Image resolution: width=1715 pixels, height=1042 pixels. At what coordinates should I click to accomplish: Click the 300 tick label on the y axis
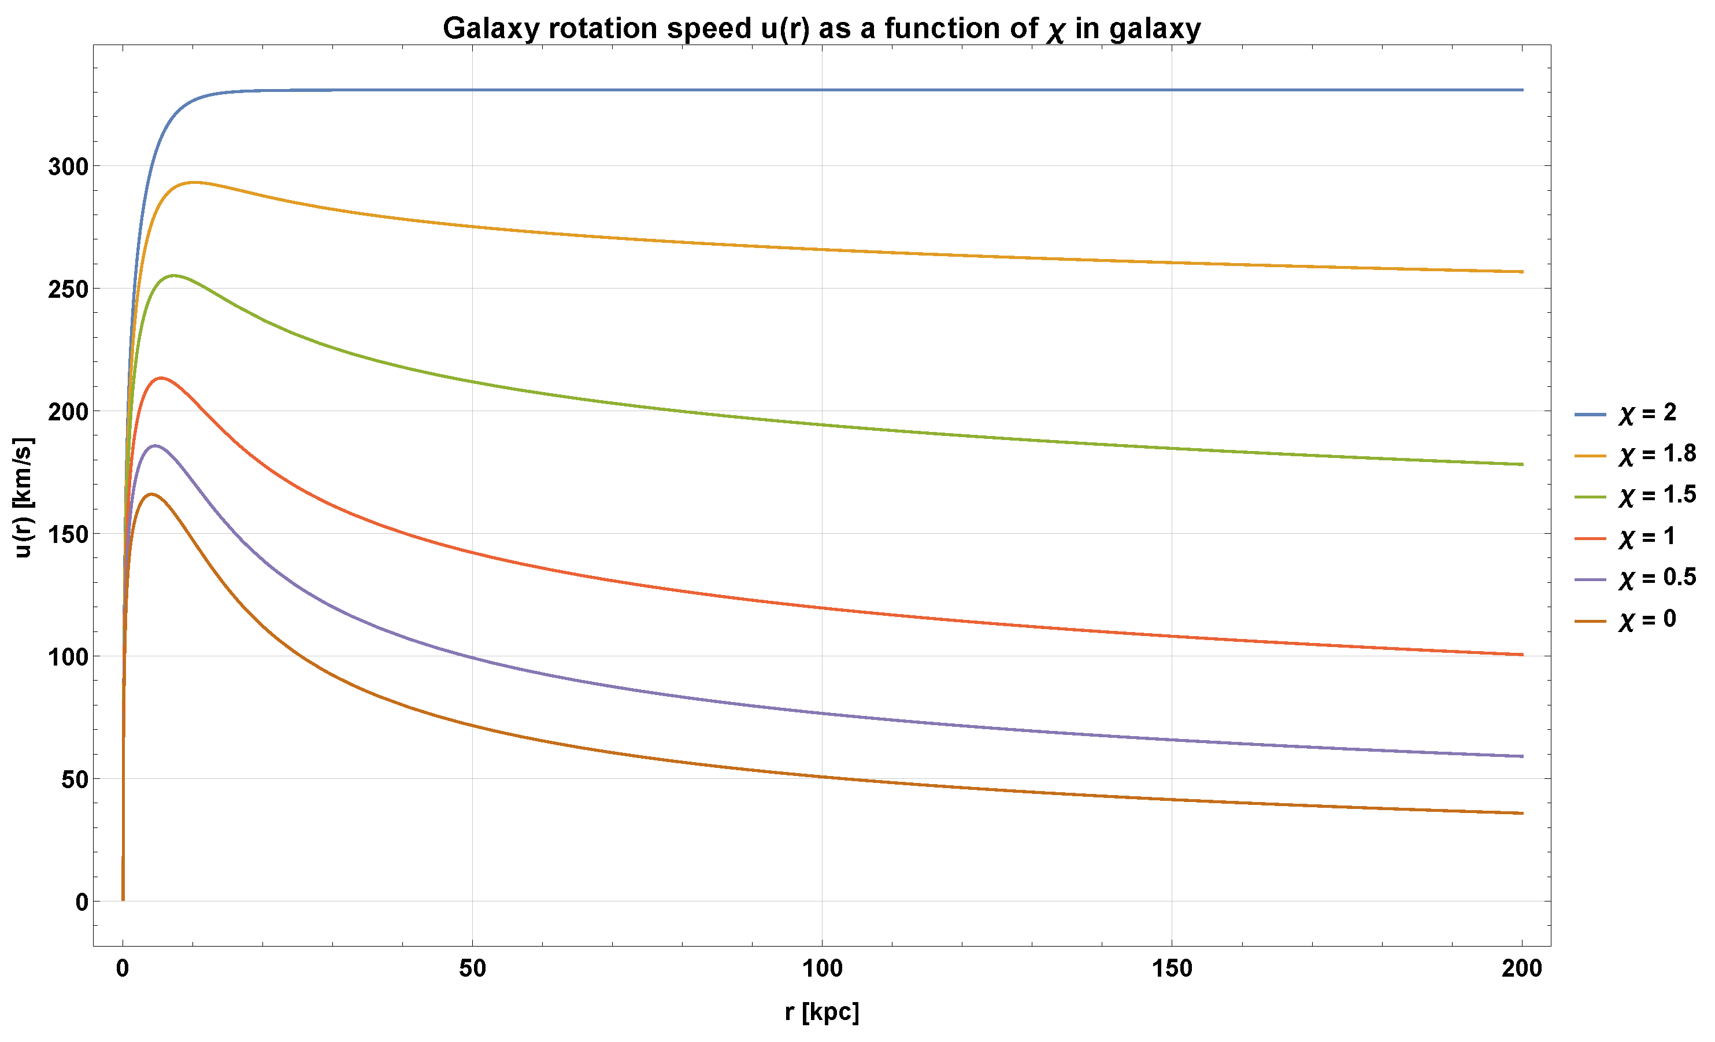pyautogui.click(x=68, y=167)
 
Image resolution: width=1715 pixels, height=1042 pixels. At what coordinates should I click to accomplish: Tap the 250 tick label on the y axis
pyautogui.click(x=68, y=290)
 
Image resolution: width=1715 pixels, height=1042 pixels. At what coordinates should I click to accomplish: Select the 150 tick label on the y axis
pyautogui.click(x=68, y=534)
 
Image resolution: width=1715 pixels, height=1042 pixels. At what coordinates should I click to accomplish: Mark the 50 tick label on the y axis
pyautogui.click(x=75, y=779)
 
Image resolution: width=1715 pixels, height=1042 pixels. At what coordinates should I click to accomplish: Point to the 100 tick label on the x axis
pyautogui.click(x=822, y=968)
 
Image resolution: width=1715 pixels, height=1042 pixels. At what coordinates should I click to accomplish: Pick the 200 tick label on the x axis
pyautogui.click(x=1521, y=968)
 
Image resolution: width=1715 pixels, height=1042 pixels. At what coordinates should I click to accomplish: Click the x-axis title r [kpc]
pyautogui.click(x=822, y=1012)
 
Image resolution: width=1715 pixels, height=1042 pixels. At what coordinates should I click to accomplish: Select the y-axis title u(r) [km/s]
pyautogui.click(x=23, y=498)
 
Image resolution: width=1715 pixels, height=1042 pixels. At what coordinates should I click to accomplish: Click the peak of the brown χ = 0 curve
pyautogui.click(x=151, y=494)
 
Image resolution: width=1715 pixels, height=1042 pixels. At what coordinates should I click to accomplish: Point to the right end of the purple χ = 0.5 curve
pyautogui.click(x=1522, y=756)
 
